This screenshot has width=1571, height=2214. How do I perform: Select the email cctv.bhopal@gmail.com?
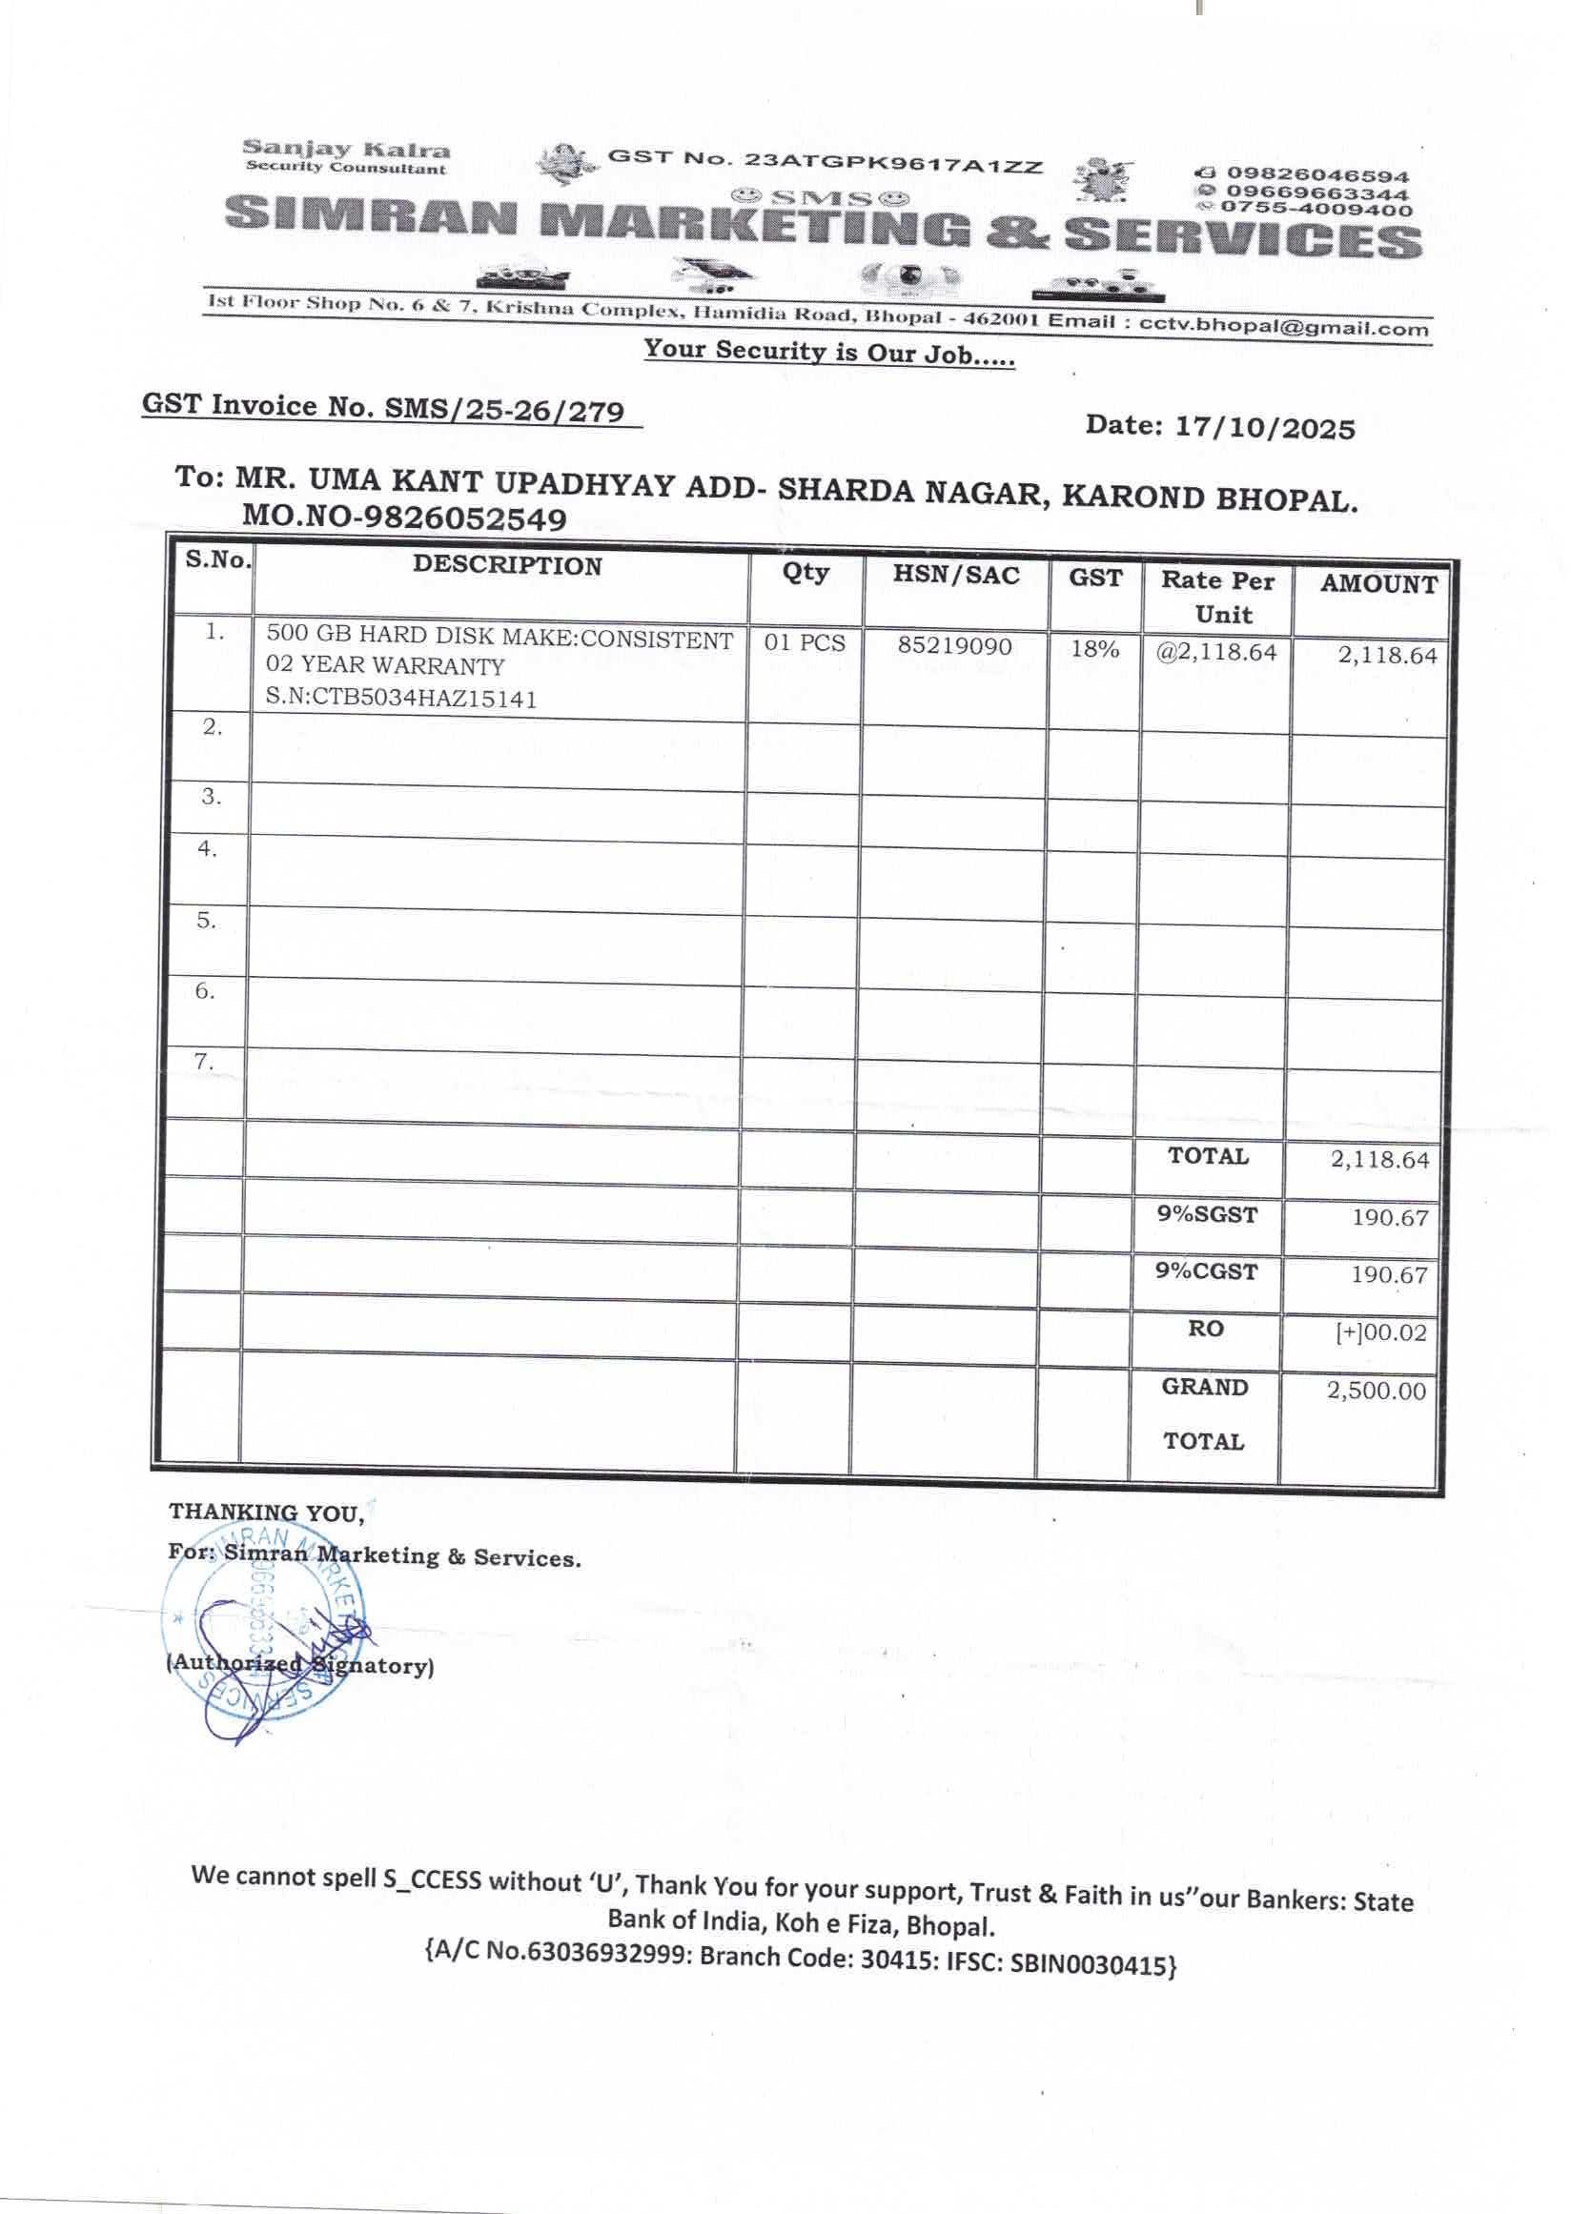click(x=1284, y=326)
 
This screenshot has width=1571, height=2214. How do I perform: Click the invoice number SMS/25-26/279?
click(x=504, y=410)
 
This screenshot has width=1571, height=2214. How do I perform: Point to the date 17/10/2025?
click(x=1264, y=427)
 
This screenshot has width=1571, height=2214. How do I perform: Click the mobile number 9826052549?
click(x=463, y=519)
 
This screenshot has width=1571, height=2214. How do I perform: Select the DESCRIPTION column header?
click(x=507, y=566)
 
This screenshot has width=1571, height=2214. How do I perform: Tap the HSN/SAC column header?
click(x=956, y=576)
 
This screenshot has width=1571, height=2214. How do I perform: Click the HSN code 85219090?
click(x=954, y=645)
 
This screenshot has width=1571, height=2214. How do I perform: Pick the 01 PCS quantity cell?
click(x=804, y=643)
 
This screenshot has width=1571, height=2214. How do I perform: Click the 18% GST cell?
click(x=1094, y=649)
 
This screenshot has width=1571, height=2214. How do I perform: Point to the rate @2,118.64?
click(x=1217, y=653)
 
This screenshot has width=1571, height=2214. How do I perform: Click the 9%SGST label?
click(x=1207, y=1214)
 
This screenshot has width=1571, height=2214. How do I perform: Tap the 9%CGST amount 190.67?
click(x=1389, y=1275)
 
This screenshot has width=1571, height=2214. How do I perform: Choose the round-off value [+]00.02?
click(x=1380, y=1332)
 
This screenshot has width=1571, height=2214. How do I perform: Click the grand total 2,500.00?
click(x=1376, y=1391)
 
